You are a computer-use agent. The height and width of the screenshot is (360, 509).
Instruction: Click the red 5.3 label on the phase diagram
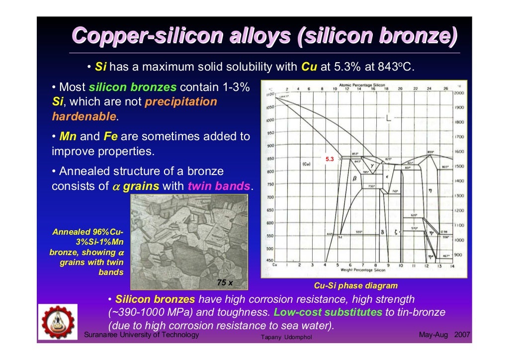[x=330, y=159]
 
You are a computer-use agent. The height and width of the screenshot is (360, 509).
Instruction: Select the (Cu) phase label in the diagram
[x=306, y=164]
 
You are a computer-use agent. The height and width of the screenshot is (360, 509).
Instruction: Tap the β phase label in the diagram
[x=354, y=179]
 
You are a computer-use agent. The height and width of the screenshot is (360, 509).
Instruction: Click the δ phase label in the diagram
[x=382, y=232]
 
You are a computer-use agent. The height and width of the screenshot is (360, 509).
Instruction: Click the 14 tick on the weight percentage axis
[x=452, y=266]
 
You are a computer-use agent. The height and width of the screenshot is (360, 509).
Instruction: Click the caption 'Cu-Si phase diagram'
[x=355, y=285]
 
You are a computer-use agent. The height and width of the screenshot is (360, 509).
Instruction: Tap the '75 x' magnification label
[x=225, y=282]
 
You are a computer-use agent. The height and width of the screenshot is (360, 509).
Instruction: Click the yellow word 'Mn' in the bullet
[x=67, y=136]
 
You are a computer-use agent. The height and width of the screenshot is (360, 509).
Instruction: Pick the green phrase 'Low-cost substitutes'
[x=328, y=313]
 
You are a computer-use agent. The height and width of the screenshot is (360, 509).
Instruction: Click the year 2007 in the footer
[x=462, y=335]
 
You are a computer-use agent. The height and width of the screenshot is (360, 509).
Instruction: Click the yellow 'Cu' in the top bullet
[x=309, y=67]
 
